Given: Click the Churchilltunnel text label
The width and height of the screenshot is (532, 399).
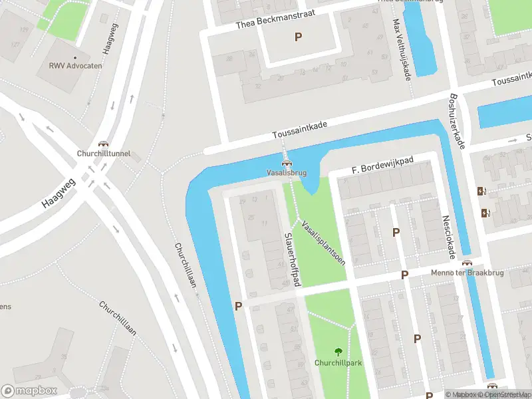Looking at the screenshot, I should (103, 153).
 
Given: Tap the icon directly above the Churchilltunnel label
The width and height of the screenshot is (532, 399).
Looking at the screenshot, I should (103, 144).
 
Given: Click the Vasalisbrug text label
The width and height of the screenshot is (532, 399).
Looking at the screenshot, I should (287, 172).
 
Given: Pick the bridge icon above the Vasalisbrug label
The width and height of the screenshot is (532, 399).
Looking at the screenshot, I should (287, 163).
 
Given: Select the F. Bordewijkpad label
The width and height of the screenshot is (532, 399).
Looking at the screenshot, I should (382, 166).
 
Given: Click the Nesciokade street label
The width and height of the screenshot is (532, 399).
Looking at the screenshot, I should (450, 236).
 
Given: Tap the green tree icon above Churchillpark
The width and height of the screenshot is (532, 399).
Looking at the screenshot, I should (337, 352).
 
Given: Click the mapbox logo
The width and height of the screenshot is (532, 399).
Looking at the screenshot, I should (29, 390).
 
